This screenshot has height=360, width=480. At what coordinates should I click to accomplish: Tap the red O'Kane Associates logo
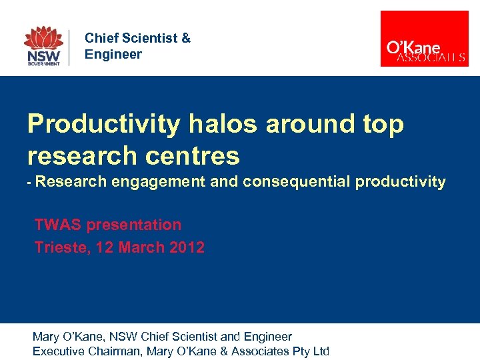(424, 39)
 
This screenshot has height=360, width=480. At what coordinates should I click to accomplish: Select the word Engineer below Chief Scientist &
(113, 54)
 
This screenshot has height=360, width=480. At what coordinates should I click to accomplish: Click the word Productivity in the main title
(103, 124)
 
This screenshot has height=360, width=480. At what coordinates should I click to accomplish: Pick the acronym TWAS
(55, 225)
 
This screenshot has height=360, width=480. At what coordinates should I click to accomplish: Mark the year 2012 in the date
(187, 247)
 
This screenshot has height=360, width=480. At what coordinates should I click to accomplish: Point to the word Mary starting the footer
(46, 337)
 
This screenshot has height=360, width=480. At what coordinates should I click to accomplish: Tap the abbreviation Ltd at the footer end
(321, 351)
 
